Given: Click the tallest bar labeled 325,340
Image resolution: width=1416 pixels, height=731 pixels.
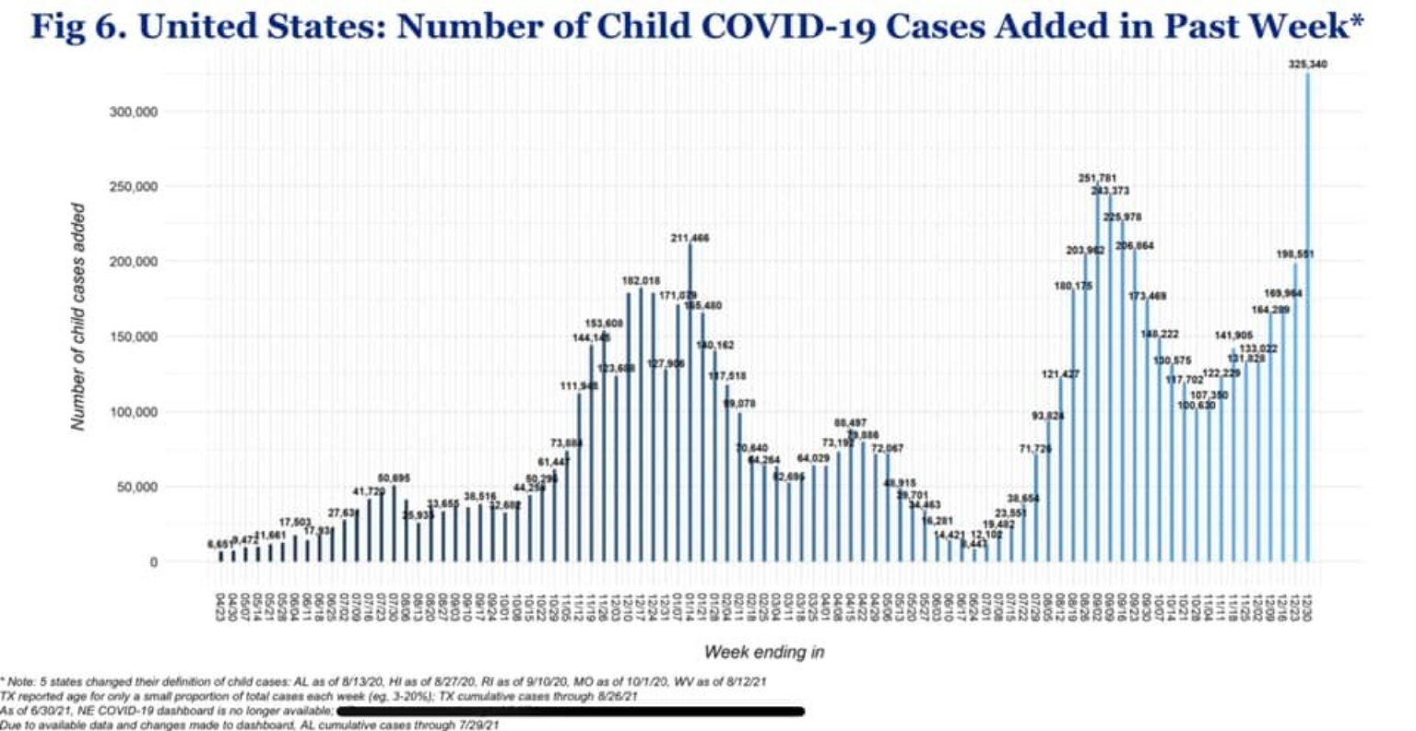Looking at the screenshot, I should point(1307,313).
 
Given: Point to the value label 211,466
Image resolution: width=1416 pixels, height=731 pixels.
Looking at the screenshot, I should point(690,239).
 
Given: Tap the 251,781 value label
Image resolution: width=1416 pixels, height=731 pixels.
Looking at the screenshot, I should point(1097,177).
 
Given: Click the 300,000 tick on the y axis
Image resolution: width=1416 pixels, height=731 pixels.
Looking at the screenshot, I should point(134,112).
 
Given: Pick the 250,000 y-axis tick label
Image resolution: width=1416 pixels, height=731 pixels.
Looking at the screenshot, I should point(134,187).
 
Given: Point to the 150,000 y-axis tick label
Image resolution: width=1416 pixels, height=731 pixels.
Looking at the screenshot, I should point(134,337).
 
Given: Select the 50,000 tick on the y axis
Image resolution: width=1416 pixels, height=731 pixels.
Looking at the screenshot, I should point(137,487).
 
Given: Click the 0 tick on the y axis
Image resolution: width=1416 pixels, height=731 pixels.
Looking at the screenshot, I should point(153,561).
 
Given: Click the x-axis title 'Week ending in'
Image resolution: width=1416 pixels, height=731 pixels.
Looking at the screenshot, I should point(763,652).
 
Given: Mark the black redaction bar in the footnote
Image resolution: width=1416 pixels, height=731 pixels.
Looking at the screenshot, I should point(571,711).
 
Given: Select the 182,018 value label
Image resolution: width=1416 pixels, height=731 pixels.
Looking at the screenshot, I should point(641,280).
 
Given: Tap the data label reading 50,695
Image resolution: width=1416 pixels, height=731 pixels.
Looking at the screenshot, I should point(394,478).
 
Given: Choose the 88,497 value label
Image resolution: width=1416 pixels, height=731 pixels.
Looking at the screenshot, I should point(850,422).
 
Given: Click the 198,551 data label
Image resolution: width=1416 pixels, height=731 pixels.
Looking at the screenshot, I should point(1294,253).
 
